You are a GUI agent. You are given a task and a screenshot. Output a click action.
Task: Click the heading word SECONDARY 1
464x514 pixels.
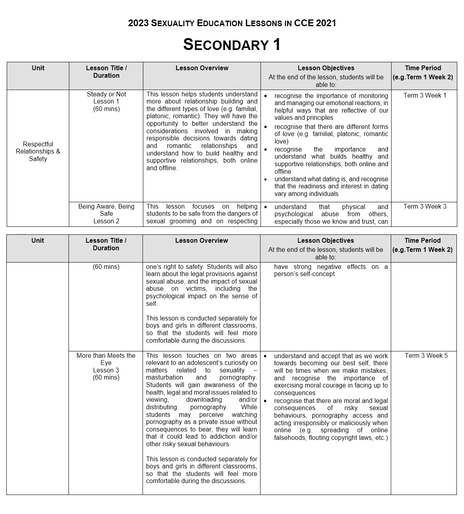[x=232, y=44]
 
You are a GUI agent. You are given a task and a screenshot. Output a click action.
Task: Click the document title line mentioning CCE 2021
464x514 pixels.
[x=232, y=23]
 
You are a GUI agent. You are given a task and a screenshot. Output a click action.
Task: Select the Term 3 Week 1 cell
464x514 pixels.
[x=424, y=95]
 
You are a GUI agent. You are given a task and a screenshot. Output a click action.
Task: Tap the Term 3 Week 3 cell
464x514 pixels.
[x=424, y=206]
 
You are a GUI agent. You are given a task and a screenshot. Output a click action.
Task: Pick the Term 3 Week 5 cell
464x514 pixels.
[x=426, y=355]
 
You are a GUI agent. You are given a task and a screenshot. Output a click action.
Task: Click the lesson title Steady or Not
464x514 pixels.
[x=106, y=94]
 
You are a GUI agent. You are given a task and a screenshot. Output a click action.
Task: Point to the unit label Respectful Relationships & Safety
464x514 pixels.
[x=38, y=152]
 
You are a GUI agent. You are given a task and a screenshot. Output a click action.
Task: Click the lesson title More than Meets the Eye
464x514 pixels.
[x=106, y=359]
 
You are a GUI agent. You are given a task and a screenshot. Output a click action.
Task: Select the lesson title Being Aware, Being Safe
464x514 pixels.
[x=106, y=210]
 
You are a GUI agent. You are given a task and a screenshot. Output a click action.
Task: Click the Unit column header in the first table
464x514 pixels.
[x=38, y=68]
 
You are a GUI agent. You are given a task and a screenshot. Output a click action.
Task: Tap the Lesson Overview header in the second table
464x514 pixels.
[x=202, y=240]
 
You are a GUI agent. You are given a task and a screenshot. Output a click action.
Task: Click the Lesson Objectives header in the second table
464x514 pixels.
[x=325, y=240]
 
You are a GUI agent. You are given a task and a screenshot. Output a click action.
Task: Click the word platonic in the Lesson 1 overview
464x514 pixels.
[x=158, y=116]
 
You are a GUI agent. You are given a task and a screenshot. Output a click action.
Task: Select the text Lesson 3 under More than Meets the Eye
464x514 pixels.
[x=106, y=370]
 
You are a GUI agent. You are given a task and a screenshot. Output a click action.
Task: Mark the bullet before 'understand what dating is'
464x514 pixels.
[x=265, y=179]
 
